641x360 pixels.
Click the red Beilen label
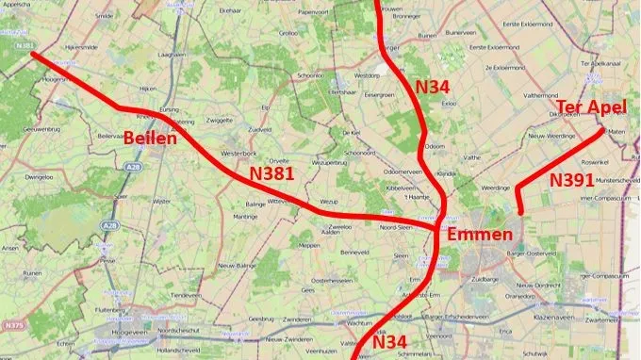click(147, 139)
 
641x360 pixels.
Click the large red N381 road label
click(272, 174)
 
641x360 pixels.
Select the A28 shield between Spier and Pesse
click(109, 226)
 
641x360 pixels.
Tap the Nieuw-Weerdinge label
click(541, 137)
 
